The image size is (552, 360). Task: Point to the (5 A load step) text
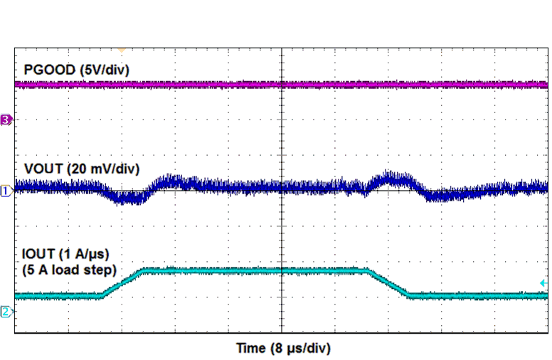coord(70,271)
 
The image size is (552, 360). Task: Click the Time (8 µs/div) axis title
coord(283,349)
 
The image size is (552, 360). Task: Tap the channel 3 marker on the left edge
coord(6,120)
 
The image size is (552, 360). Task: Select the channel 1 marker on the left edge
coord(6,191)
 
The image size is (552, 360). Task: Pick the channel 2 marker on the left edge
coord(6,312)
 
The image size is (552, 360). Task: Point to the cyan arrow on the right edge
coord(543,283)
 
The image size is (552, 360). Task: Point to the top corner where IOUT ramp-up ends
coord(144,270)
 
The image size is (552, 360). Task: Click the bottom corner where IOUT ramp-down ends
coord(410,295)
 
